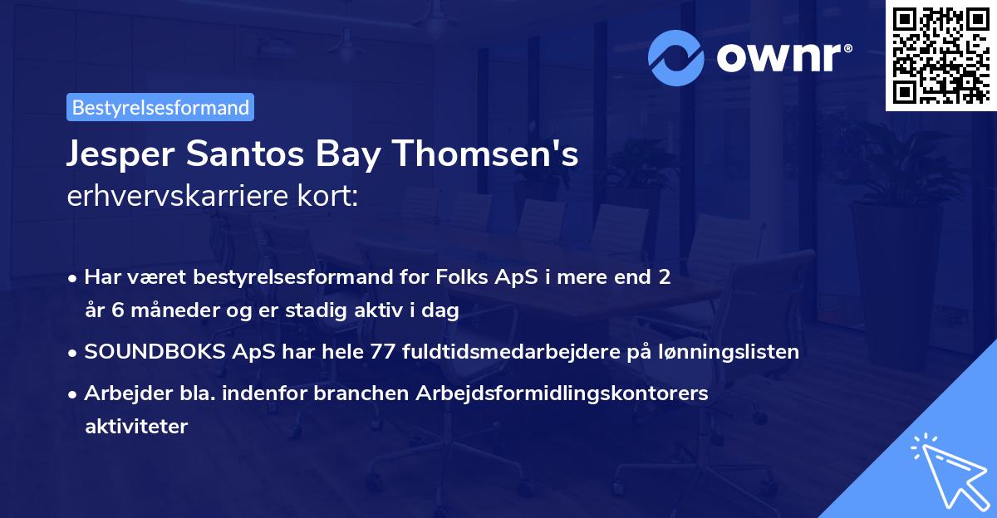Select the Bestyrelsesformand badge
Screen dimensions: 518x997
click(160, 107)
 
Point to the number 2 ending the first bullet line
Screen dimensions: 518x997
click(664, 277)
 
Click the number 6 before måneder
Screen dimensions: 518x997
click(113, 311)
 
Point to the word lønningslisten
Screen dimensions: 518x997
click(720, 352)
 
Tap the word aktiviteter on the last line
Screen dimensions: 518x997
click(136, 427)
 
